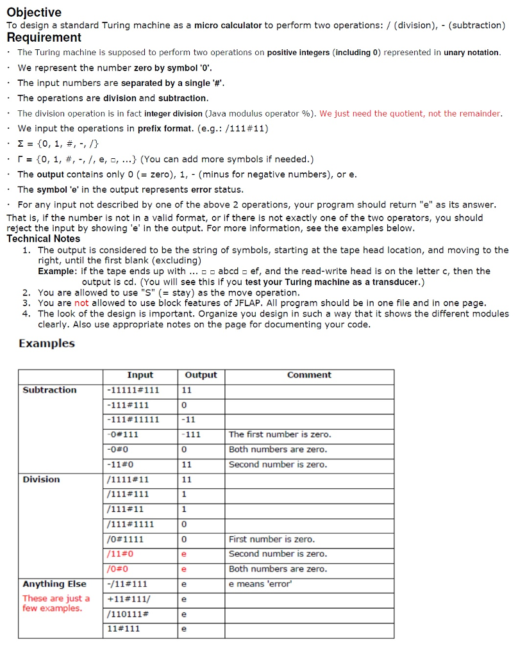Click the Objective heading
pos(34,12)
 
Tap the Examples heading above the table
pos(47,343)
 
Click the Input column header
pos(140,375)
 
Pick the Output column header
pos(201,375)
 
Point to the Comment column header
pos(309,375)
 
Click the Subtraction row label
pos(49,390)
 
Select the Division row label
pos(41,479)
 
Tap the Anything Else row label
pos(54,584)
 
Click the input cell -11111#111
pos(133,390)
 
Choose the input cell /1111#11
pos(128,479)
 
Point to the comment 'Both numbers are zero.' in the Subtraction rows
pos(278,450)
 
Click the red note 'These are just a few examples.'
pos(56,603)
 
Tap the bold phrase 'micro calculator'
pos(228,26)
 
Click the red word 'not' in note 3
pos(81,303)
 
